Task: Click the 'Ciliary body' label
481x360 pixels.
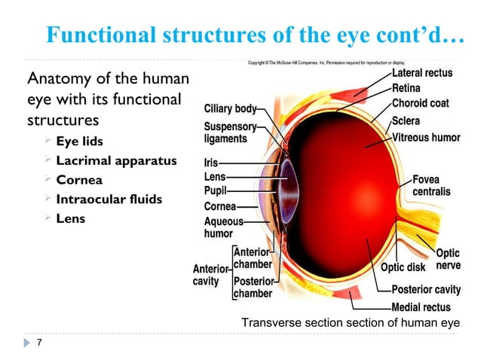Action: pos(230,108)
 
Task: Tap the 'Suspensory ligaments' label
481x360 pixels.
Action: pos(230,133)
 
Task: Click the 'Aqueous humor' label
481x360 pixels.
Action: pos(224,227)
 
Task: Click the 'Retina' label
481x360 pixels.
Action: pos(407,89)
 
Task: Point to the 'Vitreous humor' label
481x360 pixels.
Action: pos(426,137)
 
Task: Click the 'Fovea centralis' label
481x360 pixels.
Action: pos(431,186)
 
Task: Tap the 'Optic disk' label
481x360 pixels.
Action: pos(404,267)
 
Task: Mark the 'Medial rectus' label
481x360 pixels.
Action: pos(421,307)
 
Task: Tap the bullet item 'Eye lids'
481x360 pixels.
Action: pos(81,142)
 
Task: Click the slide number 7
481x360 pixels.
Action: pos(38,344)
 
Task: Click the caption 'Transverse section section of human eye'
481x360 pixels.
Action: pos(350,323)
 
